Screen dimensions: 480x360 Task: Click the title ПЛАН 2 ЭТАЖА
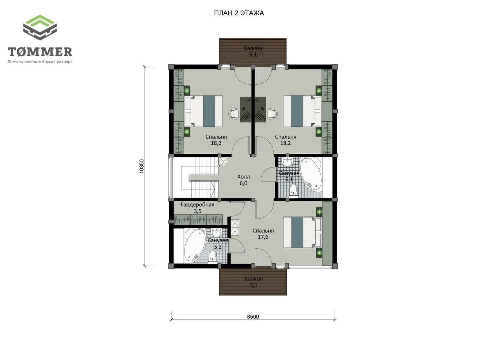coord(239,13)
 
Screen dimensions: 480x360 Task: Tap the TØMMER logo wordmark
coord(40,52)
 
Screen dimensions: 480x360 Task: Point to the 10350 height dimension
coord(141,166)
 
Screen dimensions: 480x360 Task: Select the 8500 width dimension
coord(253,317)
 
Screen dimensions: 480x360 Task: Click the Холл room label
coord(243,177)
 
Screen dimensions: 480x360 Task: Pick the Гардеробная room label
coord(198,205)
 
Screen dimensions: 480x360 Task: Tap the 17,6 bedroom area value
coord(263,237)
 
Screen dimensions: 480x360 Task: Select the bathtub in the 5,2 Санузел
coord(195,245)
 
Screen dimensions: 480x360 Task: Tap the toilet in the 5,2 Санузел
coord(212,256)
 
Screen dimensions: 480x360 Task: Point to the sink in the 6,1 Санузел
coord(287,162)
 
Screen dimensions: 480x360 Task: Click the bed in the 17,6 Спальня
coord(303,232)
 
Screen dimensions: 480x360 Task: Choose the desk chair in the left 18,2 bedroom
coord(234,114)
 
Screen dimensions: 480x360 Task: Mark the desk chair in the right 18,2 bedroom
coord(272,114)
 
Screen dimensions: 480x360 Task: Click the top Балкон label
coord(253,48)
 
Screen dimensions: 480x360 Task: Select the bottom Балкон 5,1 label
coord(253,282)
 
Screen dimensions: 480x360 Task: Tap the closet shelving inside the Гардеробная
coord(198,219)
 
